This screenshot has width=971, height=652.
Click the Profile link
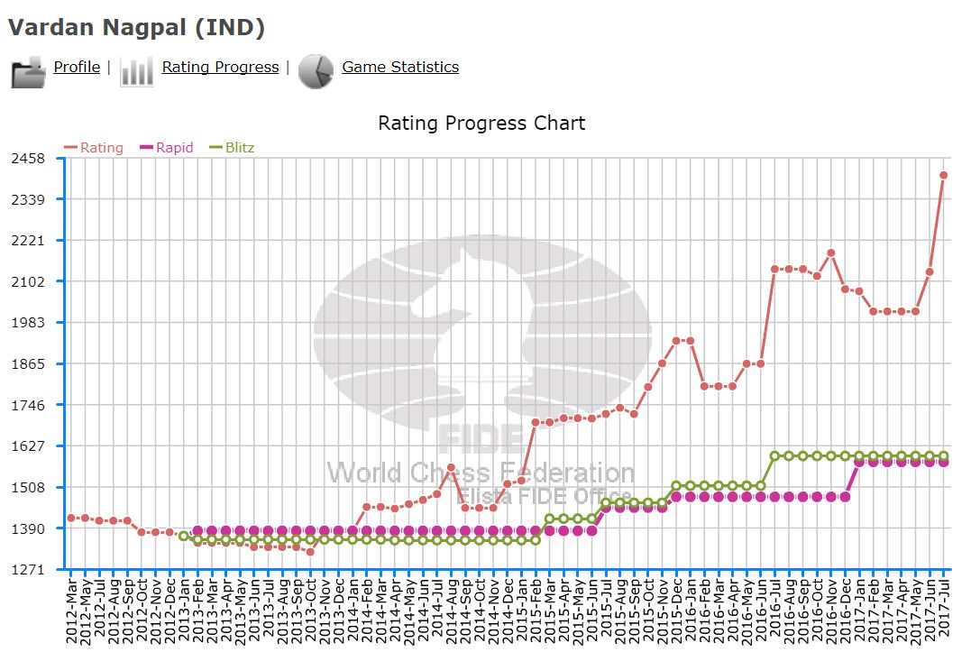[77, 67]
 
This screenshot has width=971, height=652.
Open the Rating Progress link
[220, 67]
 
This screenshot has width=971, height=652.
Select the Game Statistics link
[400, 67]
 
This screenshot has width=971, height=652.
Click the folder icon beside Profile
[28, 71]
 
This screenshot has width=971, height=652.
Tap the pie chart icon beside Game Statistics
[316, 71]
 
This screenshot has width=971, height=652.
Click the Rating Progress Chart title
[481, 123]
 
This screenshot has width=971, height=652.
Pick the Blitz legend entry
[232, 148]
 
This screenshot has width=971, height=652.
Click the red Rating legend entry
[94, 148]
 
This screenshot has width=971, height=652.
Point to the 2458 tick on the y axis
[28, 159]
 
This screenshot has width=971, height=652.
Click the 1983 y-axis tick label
[28, 323]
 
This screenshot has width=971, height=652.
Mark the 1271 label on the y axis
[28, 570]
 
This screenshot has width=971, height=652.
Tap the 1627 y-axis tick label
[28, 446]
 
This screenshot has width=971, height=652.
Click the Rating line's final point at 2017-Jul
[944, 176]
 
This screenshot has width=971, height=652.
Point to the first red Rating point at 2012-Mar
[71, 518]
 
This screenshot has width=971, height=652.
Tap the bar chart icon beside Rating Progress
[137, 71]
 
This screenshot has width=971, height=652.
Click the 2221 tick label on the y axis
[28, 241]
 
